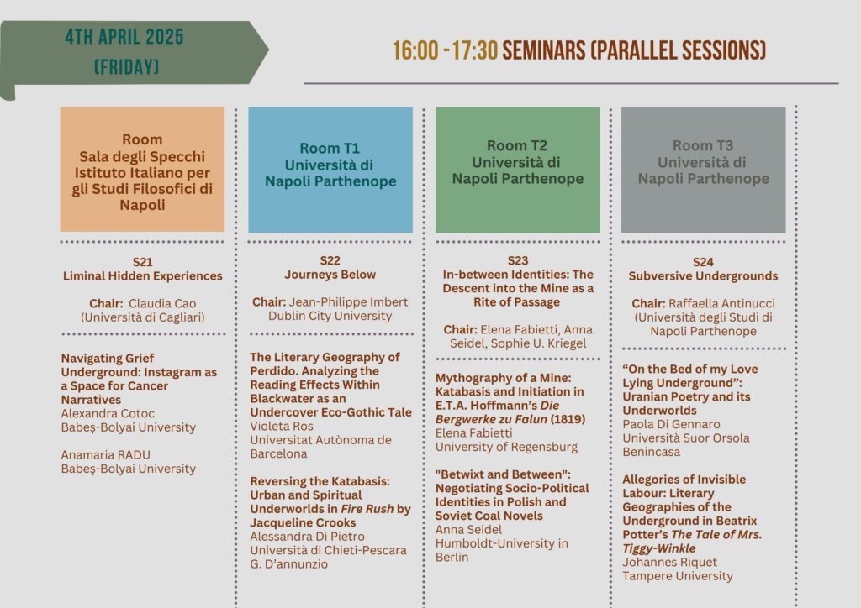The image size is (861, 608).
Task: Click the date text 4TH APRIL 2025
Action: click(124, 37)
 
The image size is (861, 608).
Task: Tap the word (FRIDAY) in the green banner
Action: click(126, 67)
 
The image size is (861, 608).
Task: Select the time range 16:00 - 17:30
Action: click(445, 51)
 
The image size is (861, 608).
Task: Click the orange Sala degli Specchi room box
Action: click(142, 170)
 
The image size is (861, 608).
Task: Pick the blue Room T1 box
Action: click(330, 170)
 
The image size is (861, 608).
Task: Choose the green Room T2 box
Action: click(518, 170)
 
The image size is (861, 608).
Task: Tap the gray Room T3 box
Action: click(704, 170)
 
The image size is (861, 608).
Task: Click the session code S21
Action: click(142, 262)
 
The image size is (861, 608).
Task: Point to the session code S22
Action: click(330, 260)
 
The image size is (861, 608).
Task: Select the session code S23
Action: click(518, 260)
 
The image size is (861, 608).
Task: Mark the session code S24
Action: click(704, 262)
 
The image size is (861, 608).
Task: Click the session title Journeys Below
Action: click(330, 275)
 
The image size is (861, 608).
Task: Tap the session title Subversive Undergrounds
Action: click(704, 276)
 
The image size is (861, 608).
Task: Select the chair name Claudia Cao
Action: click(162, 304)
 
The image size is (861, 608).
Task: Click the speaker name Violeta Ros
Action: click(282, 427)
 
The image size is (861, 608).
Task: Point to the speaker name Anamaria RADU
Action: click(105, 455)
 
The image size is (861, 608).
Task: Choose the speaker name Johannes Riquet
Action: click(669, 563)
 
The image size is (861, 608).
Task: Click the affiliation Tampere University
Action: click(678, 576)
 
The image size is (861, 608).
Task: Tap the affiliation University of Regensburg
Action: click(506, 448)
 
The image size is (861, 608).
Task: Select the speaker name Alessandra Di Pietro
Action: click(307, 537)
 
